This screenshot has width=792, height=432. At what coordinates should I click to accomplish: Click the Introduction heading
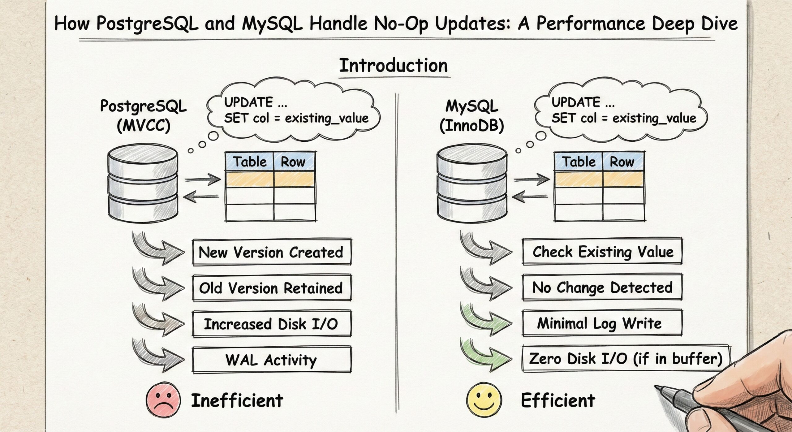coord(393,66)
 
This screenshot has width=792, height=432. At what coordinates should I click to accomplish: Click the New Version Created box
coord(271,252)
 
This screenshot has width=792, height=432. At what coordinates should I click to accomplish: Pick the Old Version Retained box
coord(271,288)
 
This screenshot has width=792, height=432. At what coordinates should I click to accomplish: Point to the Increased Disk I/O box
coord(271,324)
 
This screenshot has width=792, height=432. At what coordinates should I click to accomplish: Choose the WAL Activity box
coord(271,360)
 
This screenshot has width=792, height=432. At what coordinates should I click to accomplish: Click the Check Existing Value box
coord(602,251)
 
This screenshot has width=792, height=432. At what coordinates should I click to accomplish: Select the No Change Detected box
coord(602,287)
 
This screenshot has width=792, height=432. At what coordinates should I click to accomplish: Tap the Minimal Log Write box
coord(602,323)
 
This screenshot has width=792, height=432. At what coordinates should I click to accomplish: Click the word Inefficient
coord(237,400)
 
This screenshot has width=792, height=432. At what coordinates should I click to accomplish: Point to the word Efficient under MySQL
coord(558,400)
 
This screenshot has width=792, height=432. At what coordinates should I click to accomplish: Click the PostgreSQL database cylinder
coord(143,185)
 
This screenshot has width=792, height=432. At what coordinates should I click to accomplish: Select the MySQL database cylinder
coord(472,185)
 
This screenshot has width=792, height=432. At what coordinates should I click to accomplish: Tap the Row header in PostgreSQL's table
coord(293,162)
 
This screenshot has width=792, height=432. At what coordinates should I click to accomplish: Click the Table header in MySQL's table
coord(579,162)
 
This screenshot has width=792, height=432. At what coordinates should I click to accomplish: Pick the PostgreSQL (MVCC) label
coord(144,116)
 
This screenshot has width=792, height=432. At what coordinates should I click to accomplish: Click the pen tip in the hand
coord(658,387)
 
